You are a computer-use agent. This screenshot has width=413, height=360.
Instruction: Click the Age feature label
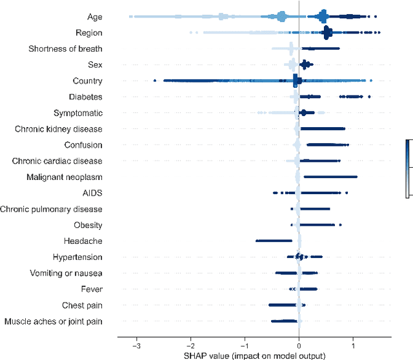94,16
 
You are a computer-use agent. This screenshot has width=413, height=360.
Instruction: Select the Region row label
89,32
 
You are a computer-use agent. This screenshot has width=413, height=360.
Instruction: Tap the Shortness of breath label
65,48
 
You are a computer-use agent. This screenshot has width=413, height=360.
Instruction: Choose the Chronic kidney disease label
59,129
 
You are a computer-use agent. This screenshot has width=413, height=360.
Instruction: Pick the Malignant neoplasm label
65,177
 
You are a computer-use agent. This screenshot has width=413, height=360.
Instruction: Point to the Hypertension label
77,257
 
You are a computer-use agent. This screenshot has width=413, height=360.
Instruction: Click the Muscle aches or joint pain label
54,321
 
